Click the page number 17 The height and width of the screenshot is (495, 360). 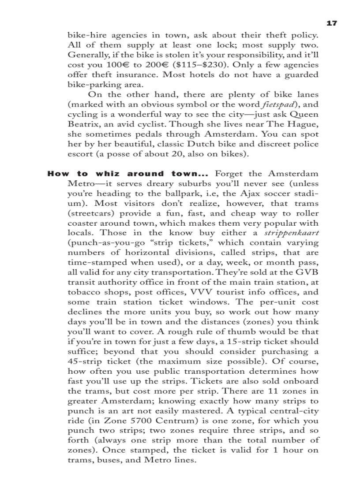pos(332,23)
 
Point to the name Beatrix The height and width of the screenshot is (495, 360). pos(83,124)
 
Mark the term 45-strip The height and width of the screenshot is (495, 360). pos(85,361)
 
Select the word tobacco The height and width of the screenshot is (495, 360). pos(83,292)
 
